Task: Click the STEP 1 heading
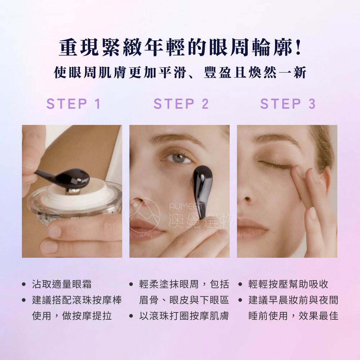point(73,104)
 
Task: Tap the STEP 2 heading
point(181,104)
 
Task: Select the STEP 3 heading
point(288,104)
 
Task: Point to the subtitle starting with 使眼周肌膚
point(180,73)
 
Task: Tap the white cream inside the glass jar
point(76,195)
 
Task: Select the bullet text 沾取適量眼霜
point(62,284)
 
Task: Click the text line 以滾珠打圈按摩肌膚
point(184,316)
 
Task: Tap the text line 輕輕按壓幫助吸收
point(288,284)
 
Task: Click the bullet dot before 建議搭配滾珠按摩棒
point(24,300)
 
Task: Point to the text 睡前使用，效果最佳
point(293,316)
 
